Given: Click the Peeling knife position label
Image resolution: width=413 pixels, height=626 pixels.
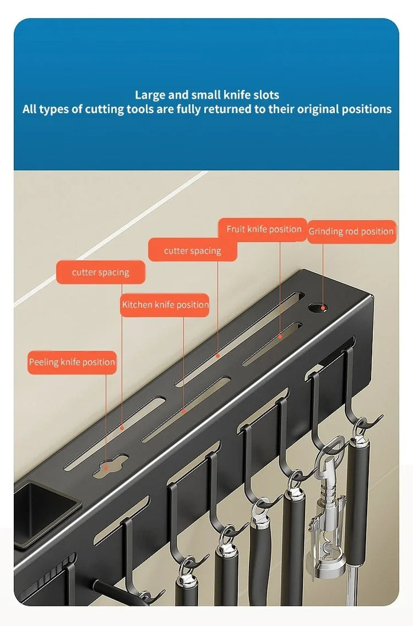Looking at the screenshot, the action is pyautogui.click(x=72, y=362).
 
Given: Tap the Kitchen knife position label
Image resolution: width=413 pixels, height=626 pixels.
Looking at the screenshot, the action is pyautogui.click(x=165, y=305).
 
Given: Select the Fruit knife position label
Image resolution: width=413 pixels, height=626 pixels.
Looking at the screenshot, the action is pyautogui.click(x=263, y=230).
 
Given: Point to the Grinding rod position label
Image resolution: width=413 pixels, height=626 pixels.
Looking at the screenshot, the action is pyautogui.click(x=351, y=231).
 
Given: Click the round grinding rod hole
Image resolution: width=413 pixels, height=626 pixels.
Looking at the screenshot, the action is pyautogui.click(x=318, y=307).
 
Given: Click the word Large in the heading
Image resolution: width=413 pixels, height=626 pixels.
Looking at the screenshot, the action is pyautogui.click(x=150, y=95).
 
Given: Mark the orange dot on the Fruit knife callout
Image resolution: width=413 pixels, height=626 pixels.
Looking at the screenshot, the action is pyautogui.click(x=280, y=337).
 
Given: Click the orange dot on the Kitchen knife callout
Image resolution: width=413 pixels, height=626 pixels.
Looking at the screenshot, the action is pyautogui.click(x=184, y=411).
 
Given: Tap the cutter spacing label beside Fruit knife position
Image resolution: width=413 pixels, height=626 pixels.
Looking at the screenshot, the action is pyautogui.click(x=193, y=251).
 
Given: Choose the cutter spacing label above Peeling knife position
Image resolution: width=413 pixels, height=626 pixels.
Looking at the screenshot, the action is pyautogui.click(x=100, y=272).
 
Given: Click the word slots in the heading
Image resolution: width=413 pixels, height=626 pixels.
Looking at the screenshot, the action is pyautogui.click(x=267, y=95).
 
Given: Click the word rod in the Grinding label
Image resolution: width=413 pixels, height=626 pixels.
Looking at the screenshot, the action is pyautogui.click(x=351, y=231).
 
